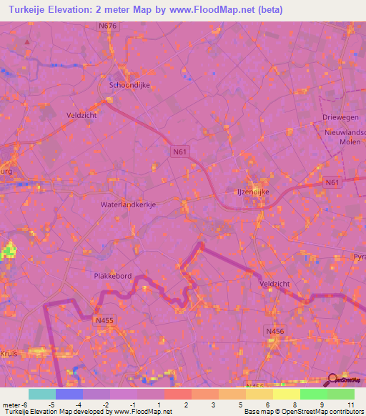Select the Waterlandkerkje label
click(x=124, y=204)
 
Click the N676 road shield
click(x=107, y=26)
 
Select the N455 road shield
click(x=104, y=321)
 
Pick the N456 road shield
click(x=274, y=332)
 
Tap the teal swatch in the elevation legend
click(x=41, y=394)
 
